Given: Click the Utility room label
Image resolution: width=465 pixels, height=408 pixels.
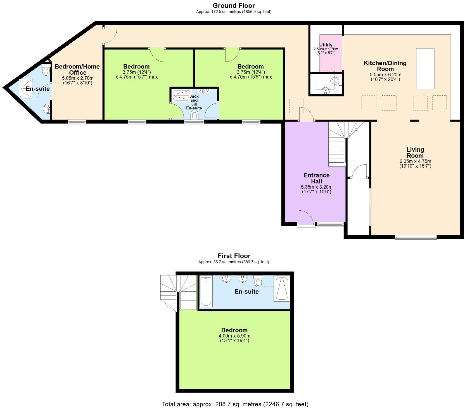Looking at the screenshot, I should (x=326, y=45).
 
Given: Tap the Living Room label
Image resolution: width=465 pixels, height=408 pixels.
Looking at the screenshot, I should (x=415, y=153).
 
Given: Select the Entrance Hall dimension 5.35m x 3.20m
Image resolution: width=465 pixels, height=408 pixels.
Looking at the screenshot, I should (x=317, y=187).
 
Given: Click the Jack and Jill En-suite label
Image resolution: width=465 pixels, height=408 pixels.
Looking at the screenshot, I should (x=194, y=102).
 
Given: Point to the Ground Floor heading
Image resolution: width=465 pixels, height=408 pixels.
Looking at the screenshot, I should (x=234, y=6).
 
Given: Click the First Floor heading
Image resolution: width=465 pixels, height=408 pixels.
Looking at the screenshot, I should (x=234, y=256).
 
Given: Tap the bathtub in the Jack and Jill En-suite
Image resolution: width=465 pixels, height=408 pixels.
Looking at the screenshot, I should (x=182, y=95).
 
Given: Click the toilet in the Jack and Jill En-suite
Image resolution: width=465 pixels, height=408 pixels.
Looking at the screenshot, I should (x=195, y=115).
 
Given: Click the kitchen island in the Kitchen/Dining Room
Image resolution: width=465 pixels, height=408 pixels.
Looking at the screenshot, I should (x=425, y=69).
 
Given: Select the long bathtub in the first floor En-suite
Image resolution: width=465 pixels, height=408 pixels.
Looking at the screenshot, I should (x=206, y=291).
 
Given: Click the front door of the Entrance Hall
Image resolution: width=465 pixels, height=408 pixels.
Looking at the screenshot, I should (x=305, y=218).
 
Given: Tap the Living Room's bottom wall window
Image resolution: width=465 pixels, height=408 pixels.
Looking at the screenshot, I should (x=416, y=238).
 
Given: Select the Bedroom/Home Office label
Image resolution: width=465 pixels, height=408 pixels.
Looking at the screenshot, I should (x=77, y=69).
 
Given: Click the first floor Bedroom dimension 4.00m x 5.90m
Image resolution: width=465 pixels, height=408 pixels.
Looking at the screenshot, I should (x=234, y=336).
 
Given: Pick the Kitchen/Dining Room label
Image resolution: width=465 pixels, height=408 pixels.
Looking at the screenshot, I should (x=385, y=66).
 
